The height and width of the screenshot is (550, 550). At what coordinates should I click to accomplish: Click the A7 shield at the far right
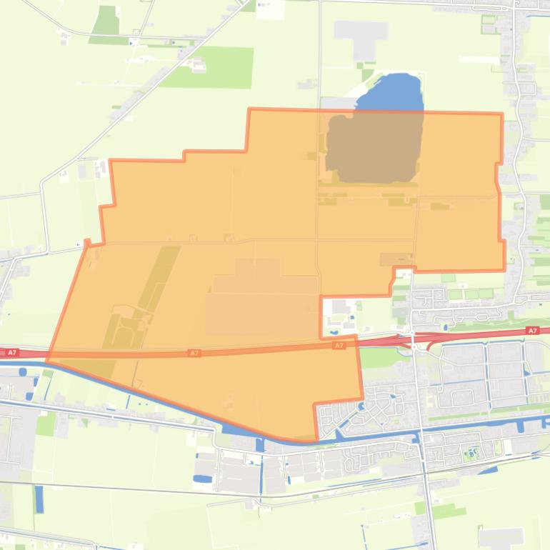(x=531, y=331)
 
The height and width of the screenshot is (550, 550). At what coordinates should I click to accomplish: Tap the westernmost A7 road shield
(x=10, y=352)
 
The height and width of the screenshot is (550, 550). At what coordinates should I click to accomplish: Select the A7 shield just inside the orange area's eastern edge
(x=339, y=346)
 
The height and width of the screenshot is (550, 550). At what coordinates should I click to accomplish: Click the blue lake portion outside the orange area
(x=389, y=92)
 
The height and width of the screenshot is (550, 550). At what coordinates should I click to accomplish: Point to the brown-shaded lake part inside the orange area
(x=373, y=146)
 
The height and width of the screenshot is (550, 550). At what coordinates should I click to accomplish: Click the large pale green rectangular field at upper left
(x=208, y=67)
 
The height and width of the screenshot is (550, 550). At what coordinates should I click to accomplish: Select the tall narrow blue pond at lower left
(x=39, y=499)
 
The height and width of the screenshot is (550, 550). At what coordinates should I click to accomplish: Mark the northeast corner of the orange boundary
(x=501, y=114)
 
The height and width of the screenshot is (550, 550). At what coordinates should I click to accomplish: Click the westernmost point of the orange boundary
(x=47, y=361)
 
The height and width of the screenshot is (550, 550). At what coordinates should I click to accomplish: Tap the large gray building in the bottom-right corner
(x=501, y=538)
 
